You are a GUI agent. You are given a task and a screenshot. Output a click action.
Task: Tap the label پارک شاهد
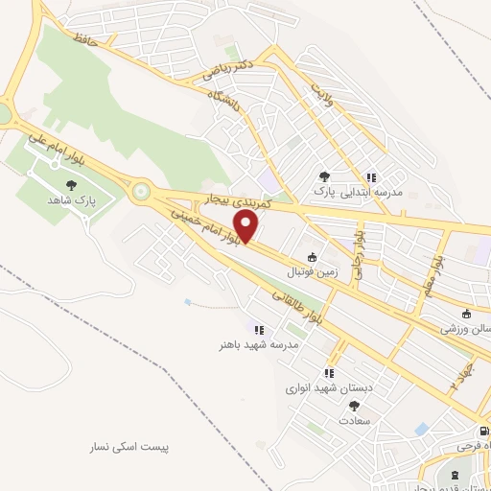(71, 199)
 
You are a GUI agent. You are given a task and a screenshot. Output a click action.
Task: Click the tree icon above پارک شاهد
(71, 184)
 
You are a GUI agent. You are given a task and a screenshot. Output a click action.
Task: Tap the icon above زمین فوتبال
(312, 257)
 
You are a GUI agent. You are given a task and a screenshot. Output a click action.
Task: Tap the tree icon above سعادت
(354, 407)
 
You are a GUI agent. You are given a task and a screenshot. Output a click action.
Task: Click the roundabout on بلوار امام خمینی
(142, 191)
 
